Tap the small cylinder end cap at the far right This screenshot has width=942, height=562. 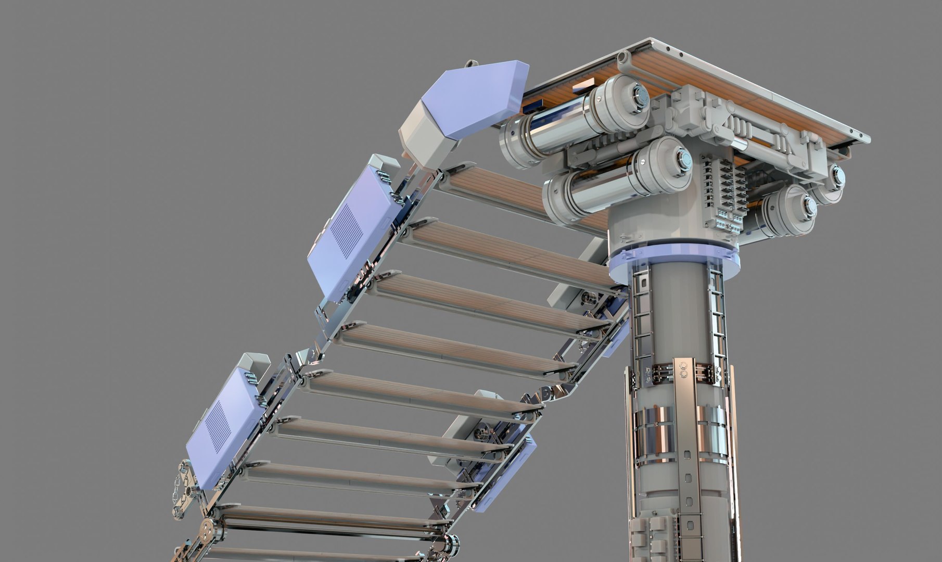836,177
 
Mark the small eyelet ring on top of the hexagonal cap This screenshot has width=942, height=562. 472,64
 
